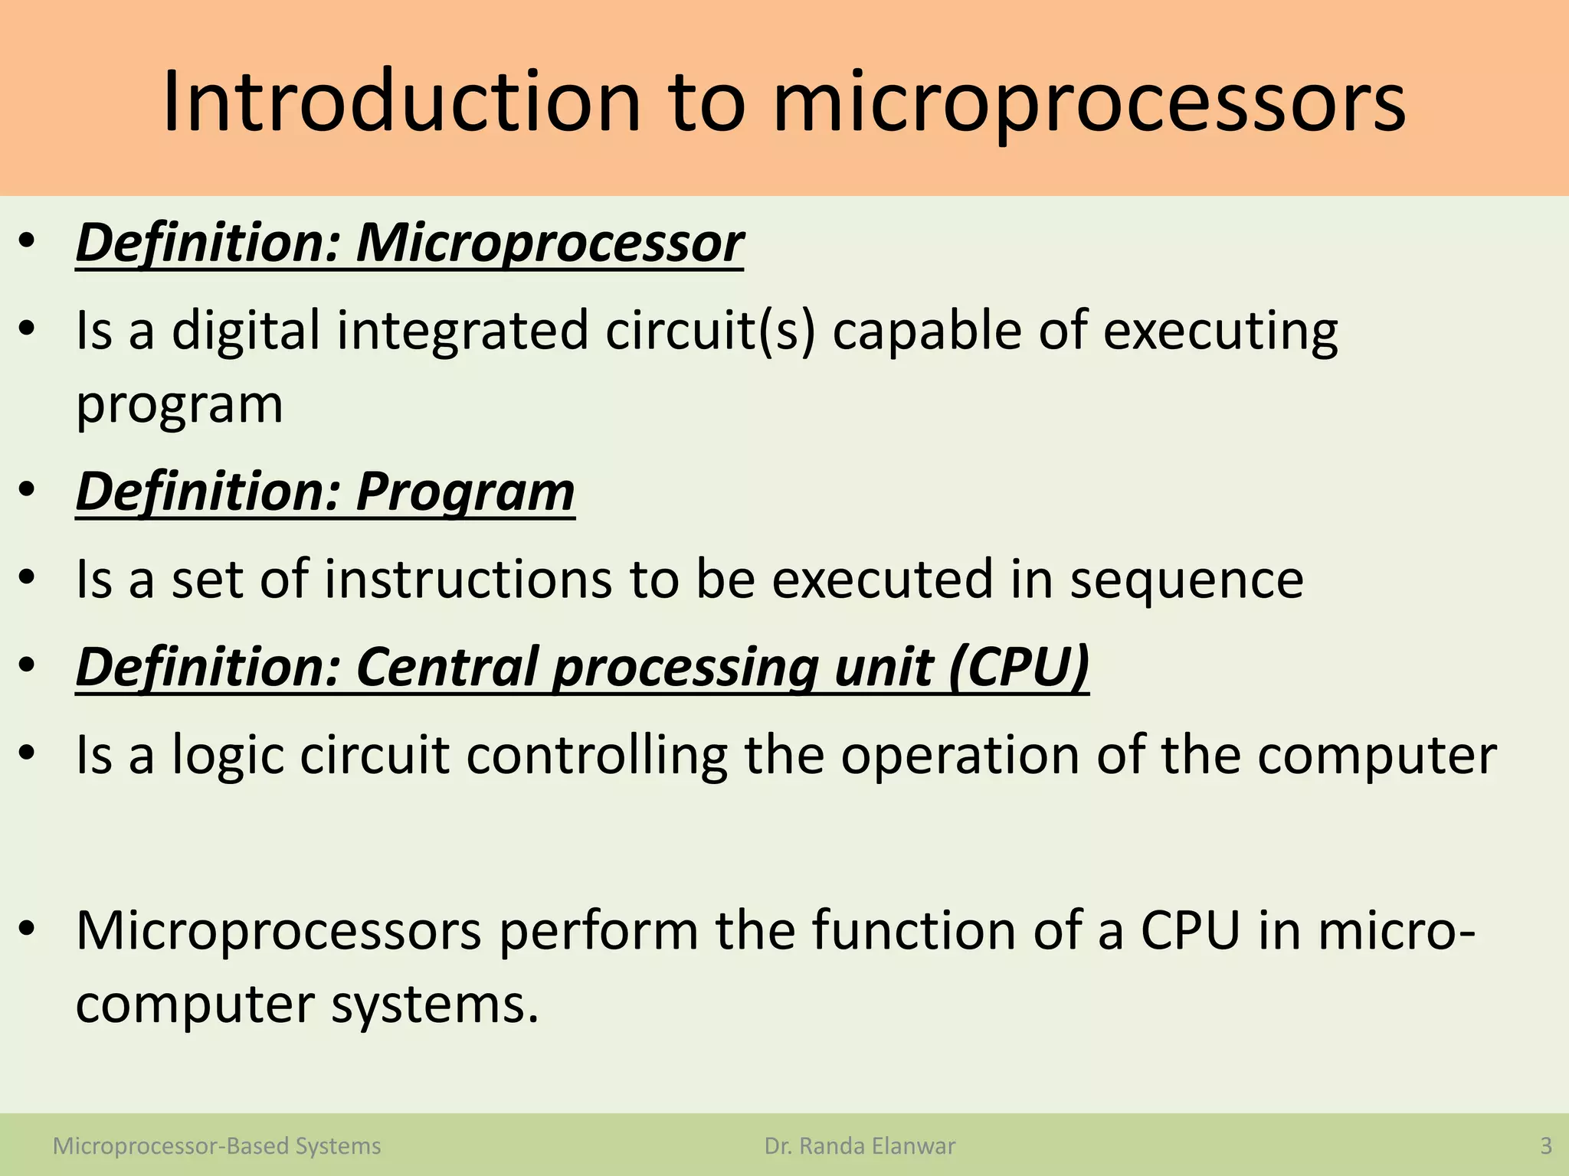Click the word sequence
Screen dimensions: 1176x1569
click(x=1186, y=579)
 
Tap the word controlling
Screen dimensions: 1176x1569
click(x=596, y=755)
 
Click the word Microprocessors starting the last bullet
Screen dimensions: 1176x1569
click(x=279, y=930)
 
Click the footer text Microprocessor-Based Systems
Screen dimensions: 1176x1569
click(x=217, y=1146)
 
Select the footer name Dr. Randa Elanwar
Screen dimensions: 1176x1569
click(x=860, y=1146)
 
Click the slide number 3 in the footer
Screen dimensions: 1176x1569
click(x=1546, y=1146)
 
